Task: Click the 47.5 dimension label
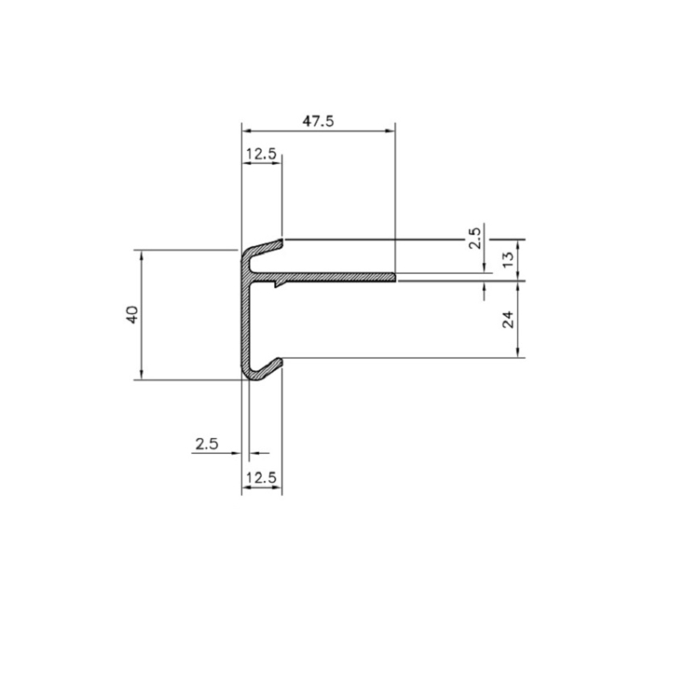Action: pos(318,121)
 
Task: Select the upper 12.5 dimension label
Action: pos(261,154)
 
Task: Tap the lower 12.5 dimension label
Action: pos(262,478)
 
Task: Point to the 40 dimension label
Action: pos(132,314)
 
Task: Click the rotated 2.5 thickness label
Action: pos(475,237)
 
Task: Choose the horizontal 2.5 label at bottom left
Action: pos(207,444)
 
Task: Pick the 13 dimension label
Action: pos(508,260)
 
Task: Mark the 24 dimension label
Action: pos(508,320)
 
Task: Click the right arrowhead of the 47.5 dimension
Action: pos(390,130)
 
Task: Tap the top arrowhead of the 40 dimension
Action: pos(141,255)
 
